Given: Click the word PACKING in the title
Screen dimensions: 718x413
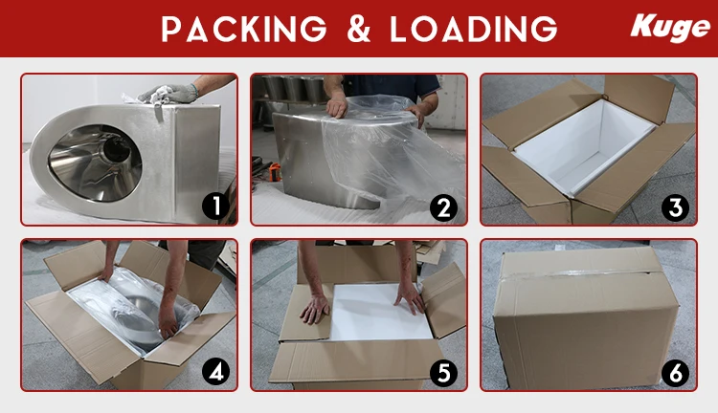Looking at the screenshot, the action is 244,29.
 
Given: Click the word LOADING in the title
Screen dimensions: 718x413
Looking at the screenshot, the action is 474,29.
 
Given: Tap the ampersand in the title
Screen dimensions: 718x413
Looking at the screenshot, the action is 359,29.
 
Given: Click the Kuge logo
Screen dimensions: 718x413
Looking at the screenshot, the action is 669,28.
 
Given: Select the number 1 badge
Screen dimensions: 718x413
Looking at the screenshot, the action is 215,206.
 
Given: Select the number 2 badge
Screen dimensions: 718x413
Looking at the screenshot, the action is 443,207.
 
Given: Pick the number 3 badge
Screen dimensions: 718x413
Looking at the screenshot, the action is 675,207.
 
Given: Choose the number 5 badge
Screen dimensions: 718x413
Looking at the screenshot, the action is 443,372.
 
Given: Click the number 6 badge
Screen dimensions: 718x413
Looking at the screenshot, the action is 675,373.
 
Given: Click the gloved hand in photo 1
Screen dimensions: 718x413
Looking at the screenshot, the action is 168,94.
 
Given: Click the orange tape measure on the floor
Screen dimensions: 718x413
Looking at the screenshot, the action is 275,172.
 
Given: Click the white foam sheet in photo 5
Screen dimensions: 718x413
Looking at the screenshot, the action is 380,312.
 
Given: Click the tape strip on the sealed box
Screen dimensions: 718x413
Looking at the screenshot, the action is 581,273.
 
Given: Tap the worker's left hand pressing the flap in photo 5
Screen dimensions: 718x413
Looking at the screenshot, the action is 314,309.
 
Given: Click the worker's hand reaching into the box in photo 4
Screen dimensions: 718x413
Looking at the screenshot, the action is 168,320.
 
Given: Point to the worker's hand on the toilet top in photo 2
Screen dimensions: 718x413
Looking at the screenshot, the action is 337,105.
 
